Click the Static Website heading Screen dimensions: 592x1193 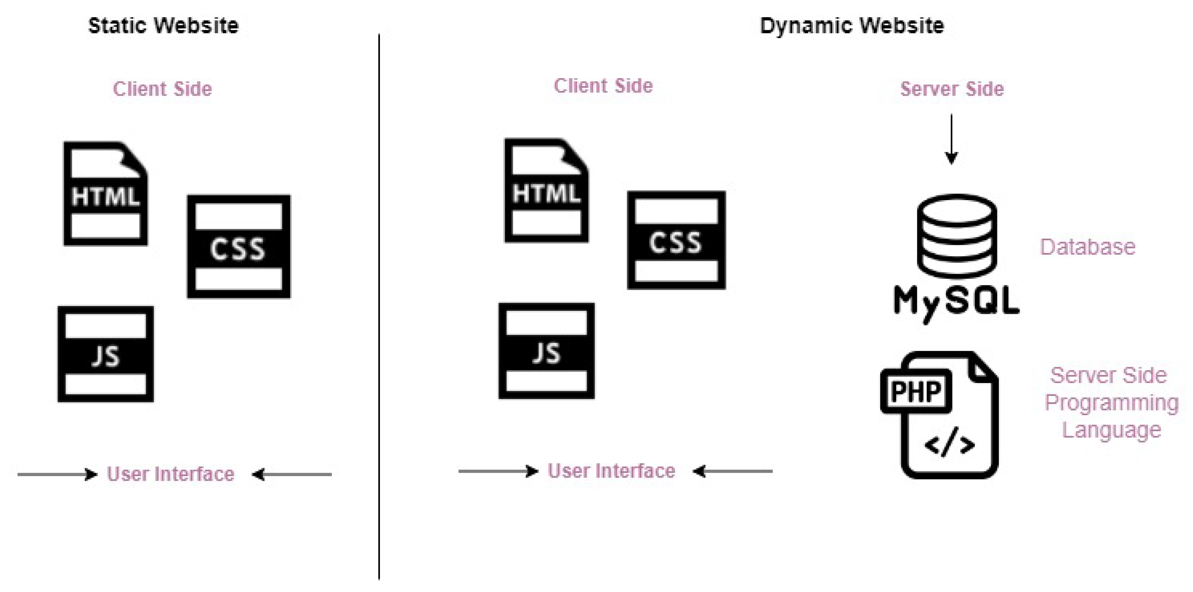(x=163, y=25)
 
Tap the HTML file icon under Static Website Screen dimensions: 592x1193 (x=105, y=194)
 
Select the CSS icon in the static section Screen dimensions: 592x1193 (x=238, y=246)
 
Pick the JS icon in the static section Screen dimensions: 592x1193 (x=105, y=354)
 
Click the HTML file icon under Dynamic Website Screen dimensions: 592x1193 (x=547, y=190)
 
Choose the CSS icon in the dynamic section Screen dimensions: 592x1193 (x=676, y=240)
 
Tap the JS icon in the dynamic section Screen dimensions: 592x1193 (x=547, y=351)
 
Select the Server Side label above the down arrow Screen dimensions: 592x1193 (x=952, y=89)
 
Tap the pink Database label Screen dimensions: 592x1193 (x=1088, y=247)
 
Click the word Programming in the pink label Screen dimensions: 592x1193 (x=1112, y=402)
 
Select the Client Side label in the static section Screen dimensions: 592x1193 (x=162, y=89)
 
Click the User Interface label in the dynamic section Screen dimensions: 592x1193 (x=611, y=471)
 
